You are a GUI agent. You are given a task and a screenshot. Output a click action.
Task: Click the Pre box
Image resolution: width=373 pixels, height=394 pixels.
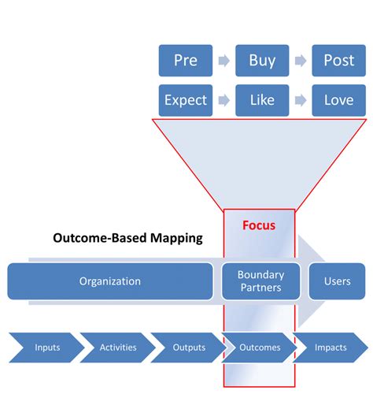coord(185,61)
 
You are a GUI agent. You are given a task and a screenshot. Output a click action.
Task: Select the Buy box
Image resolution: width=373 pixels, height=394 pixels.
coord(262,61)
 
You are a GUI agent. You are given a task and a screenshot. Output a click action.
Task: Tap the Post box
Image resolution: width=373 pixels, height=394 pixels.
coord(338,61)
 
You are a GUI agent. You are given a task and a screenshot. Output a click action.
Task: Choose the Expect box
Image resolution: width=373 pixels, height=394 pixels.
coord(185,100)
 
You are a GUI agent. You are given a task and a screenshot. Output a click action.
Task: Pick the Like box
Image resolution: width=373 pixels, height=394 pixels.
coord(262,100)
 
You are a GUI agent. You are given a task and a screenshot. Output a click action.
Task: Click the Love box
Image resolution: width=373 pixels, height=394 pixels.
coord(338,100)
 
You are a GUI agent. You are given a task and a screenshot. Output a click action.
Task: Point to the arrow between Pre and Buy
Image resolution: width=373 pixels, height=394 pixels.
coord(223,61)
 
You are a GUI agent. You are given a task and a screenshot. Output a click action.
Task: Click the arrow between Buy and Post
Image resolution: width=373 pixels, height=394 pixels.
coord(300,61)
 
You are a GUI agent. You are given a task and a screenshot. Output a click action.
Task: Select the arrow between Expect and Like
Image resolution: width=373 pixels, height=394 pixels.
coord(223,101)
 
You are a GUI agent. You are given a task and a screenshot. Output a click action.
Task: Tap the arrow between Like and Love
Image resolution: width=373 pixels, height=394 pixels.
coord(300,101)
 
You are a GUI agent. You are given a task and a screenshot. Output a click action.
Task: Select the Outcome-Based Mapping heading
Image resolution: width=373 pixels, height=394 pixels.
coord(127,237)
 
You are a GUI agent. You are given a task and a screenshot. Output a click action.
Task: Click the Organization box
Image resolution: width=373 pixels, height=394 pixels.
coord(110,281)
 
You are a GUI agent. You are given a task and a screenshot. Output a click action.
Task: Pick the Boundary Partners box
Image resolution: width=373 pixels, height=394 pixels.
coord(260,281)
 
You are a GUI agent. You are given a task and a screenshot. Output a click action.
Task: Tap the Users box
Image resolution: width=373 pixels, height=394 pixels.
coord(337,281)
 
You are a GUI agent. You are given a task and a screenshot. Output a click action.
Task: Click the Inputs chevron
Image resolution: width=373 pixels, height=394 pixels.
coord(46,348)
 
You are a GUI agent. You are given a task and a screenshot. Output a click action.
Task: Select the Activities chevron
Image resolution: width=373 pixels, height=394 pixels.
coord(117,348)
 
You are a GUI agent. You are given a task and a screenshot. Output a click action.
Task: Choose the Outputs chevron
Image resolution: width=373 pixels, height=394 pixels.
coord(189,348)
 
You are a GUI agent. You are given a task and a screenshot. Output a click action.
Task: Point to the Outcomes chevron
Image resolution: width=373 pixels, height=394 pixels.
coord(259,348)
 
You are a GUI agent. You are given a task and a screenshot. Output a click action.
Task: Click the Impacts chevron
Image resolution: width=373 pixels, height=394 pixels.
coord(331,348)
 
